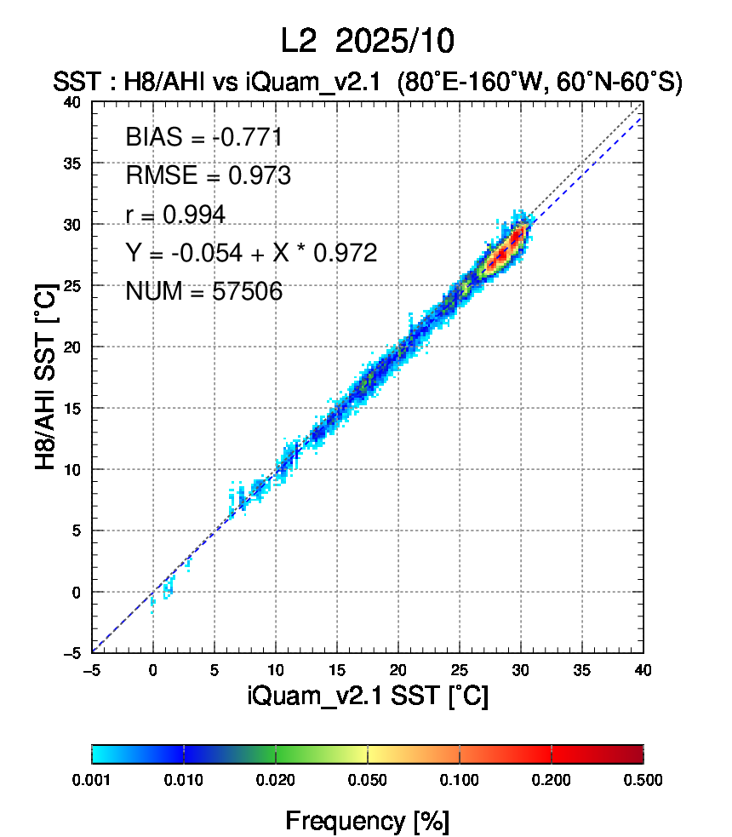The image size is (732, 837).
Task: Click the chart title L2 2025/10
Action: click(367, 40)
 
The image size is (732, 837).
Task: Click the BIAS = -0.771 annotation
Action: click(203, 137)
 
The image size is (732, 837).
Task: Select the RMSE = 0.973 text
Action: click(208, 176)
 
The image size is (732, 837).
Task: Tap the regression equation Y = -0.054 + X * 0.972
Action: click(250, 253)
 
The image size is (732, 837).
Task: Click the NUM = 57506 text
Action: click(203, 292)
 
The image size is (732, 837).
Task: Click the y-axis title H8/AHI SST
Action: click(47, 377)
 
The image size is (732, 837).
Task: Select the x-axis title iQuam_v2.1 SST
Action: click(367, 696)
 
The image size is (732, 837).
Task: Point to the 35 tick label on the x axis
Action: click(582, 670)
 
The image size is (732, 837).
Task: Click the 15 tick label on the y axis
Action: click(74, 408)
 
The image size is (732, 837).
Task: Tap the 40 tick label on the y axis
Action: click(74, 101)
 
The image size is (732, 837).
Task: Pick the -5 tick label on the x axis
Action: click(91, 670)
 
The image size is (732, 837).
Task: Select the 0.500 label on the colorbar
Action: click(643, 779)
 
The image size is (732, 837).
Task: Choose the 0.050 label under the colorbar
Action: click(368, 779)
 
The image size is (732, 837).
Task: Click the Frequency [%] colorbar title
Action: click(367, 821)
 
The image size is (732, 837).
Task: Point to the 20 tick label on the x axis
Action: click(398, 670)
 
